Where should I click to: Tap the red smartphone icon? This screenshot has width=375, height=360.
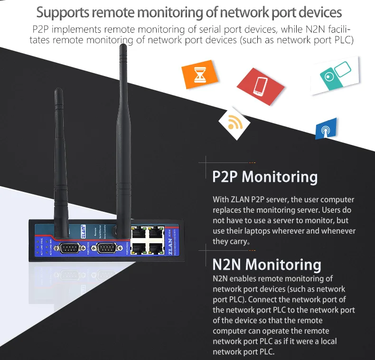(260, 86)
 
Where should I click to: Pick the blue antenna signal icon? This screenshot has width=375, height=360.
(326, 129)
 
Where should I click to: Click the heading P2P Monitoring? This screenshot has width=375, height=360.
(265, 177)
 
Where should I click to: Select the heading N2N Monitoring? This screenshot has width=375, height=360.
(267, 264)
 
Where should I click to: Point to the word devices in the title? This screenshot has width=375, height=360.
(318, 12)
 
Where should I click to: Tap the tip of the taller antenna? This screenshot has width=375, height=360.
(123, 47)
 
